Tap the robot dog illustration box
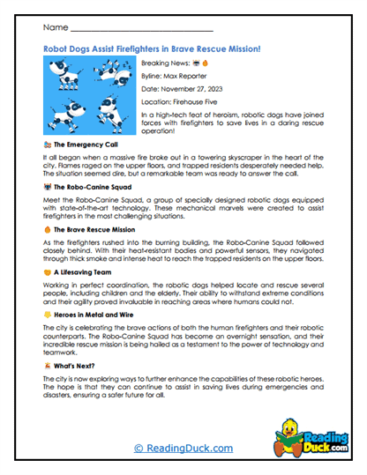[x=91, y=96]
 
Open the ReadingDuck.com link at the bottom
[x=183, y=449]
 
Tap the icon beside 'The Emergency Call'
[x=47, y=144]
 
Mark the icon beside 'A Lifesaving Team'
[x=47, y=271]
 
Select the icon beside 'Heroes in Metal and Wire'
[x=47, y=314]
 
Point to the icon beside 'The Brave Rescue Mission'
[x=47, y=228]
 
